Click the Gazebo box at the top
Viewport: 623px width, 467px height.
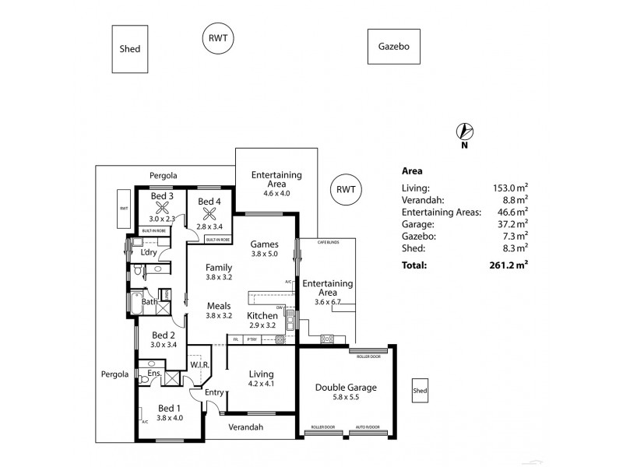394,47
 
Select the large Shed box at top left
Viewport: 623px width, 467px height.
130,49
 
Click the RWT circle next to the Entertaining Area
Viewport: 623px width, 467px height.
345,189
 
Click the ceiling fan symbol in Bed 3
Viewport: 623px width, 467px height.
163,209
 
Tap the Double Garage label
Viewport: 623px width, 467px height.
345,388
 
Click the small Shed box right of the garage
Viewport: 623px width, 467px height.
420,390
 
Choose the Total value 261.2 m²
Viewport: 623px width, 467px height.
509,265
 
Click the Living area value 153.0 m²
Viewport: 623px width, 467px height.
511,187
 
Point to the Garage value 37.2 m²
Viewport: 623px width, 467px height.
512,223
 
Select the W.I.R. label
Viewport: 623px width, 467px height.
198,364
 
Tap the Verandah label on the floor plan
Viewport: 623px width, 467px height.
245,427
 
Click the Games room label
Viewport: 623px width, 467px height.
264,243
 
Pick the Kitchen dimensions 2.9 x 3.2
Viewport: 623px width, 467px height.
261,325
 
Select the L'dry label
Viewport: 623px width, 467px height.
149,252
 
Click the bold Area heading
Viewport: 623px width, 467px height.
412,170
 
